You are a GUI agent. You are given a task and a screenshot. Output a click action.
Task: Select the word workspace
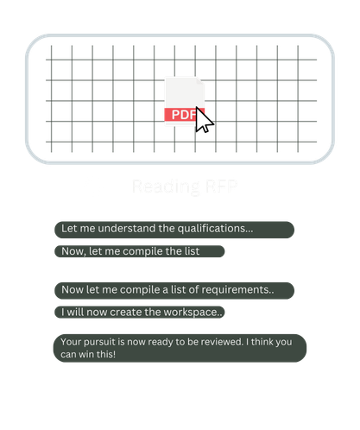[194, 312]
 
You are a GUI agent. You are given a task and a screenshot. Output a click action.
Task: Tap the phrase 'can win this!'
[87, 354]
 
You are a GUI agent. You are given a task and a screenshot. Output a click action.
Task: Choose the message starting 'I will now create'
[141, 312]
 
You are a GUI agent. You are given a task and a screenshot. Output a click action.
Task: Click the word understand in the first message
[117, 229]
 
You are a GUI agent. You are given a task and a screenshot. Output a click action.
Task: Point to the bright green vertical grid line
[276, 99]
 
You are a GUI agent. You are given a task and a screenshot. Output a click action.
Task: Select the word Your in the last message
[72, 341]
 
